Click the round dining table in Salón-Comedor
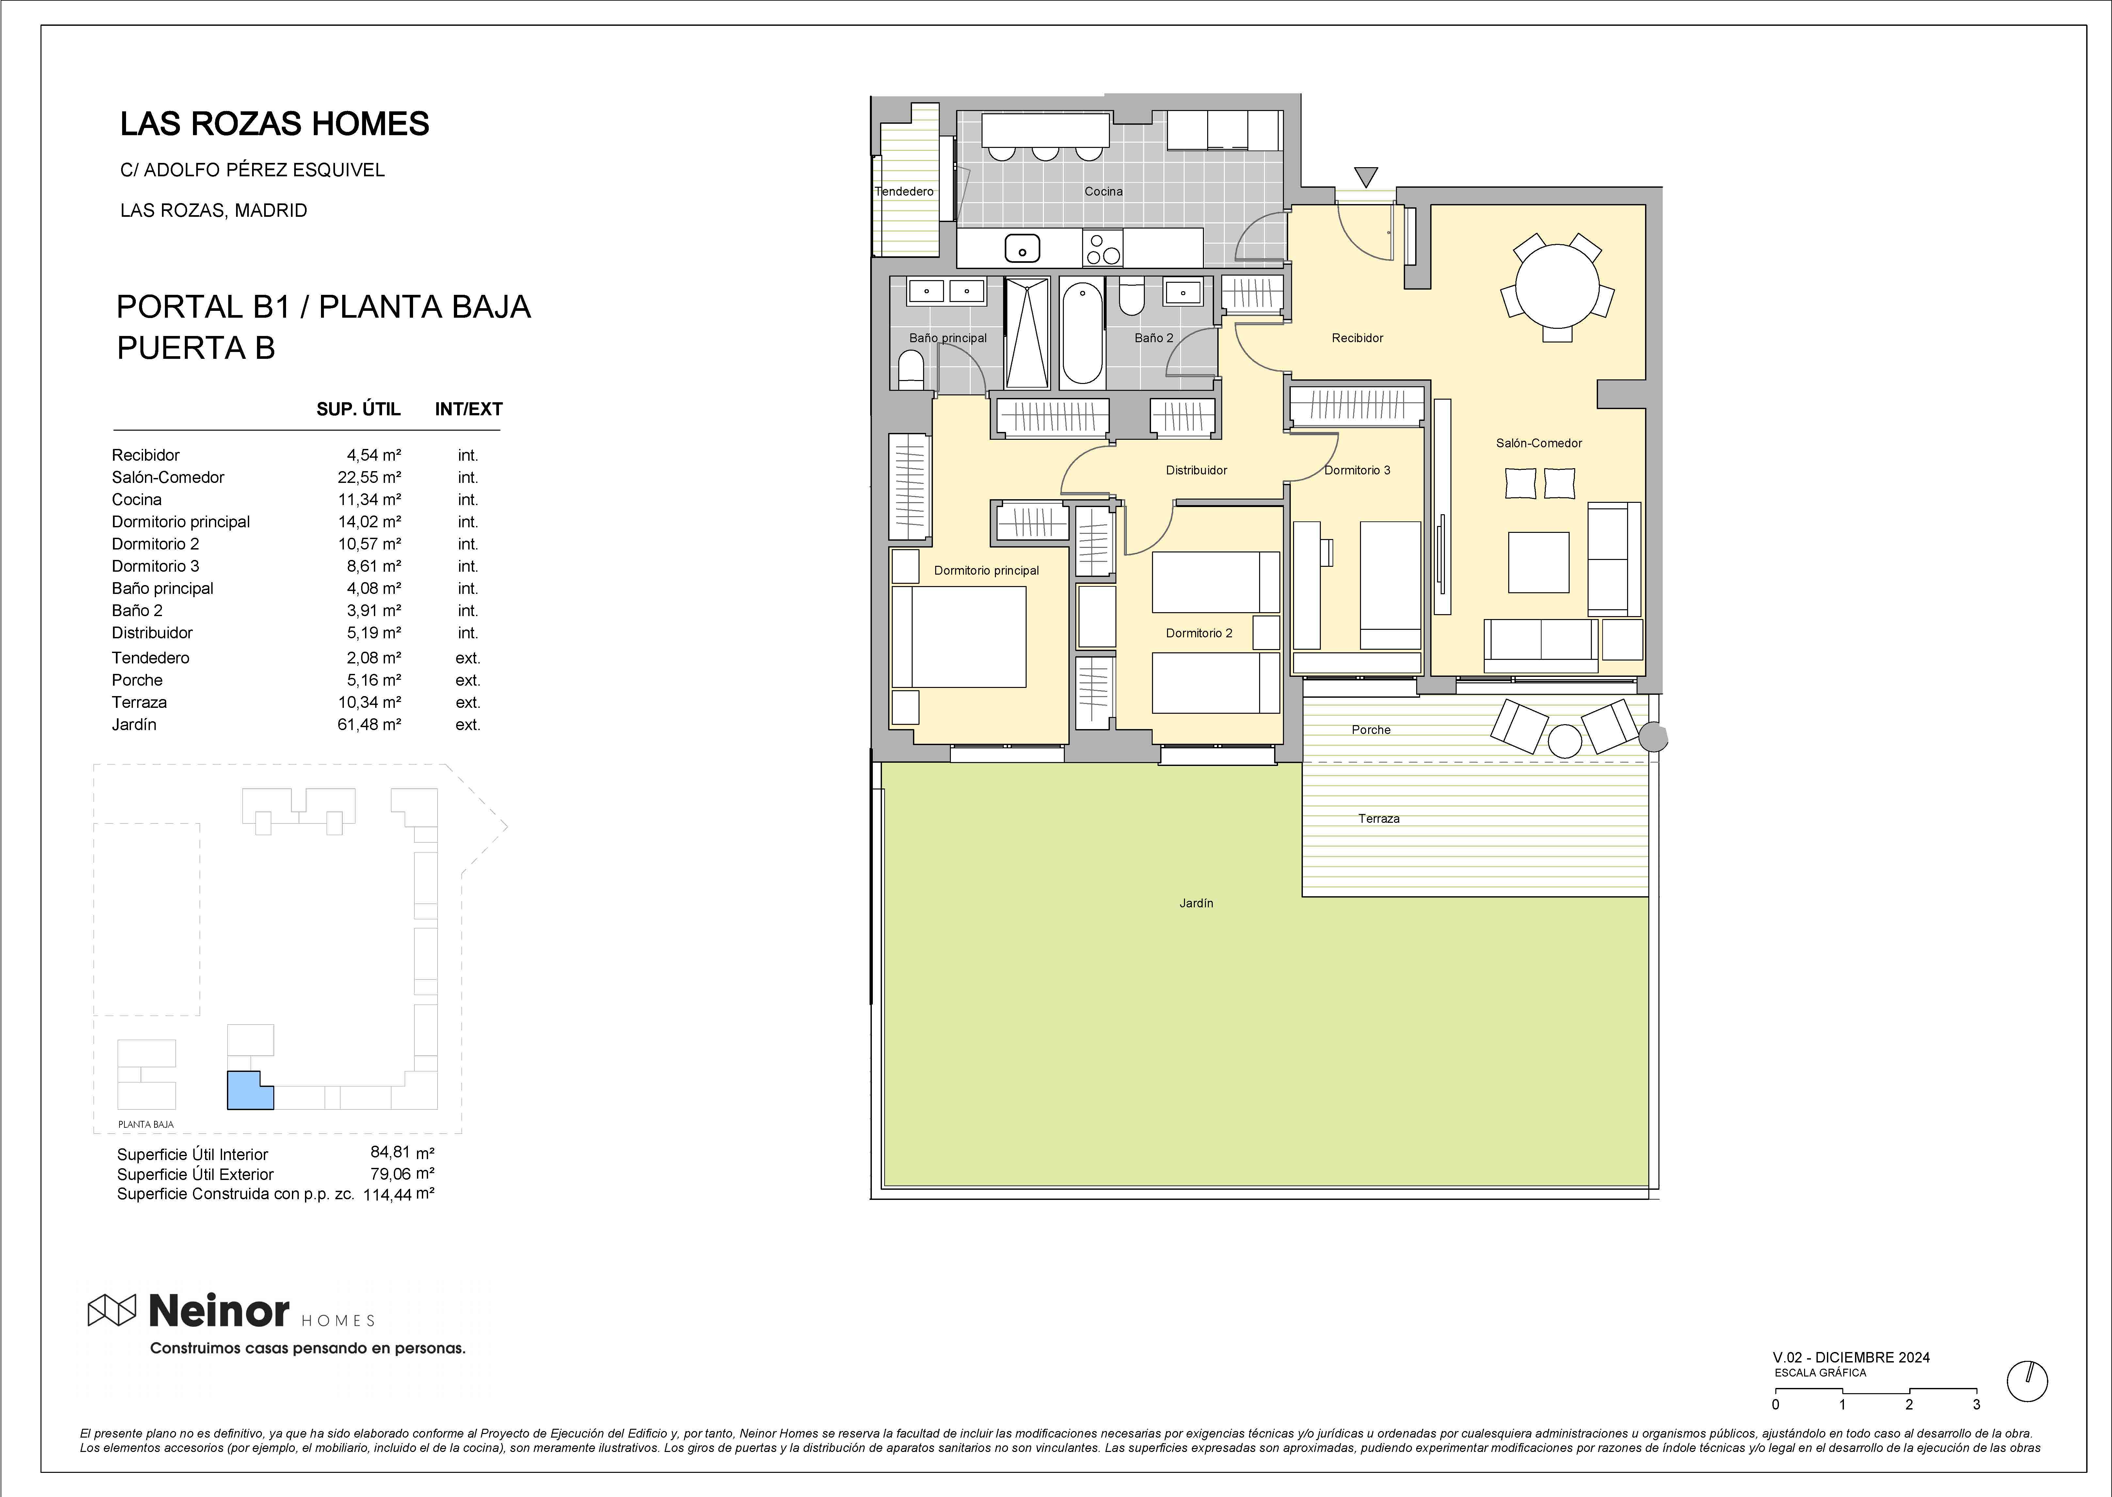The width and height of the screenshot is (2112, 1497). click(1557, 286)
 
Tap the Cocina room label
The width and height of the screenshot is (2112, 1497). click(1103, 192)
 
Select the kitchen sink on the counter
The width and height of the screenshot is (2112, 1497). click(1021, 248)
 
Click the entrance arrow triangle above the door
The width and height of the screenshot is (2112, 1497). click(1366, 176)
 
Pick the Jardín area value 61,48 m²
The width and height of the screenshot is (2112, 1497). click(369, 725)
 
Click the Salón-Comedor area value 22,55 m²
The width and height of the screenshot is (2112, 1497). click(369, 477)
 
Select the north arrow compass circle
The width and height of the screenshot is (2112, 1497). click(2027, 1381)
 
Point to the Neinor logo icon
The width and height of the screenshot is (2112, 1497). click(112, 1310)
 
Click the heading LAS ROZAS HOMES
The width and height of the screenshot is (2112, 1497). click(275, 123)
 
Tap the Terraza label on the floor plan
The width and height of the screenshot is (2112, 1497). click(1378, 819)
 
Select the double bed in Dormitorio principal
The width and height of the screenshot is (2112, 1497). click(959, 637)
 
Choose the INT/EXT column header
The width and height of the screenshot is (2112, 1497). click(468, 409)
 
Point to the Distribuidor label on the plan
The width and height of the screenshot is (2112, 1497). click(1197, 470)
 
